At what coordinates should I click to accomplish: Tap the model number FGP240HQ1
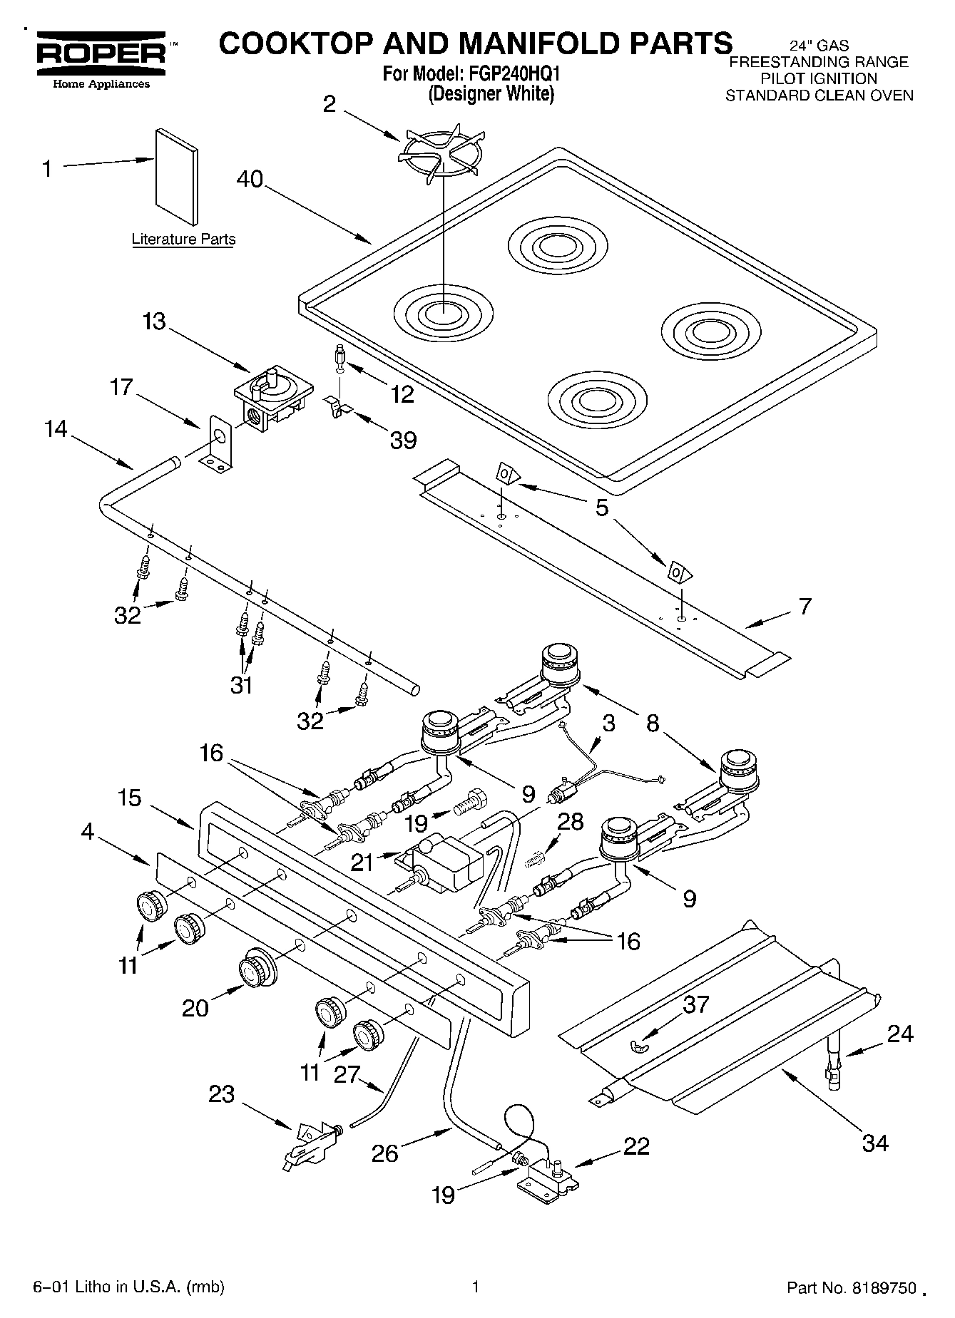coord(511,74)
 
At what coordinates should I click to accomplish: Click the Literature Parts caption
coord(183,240)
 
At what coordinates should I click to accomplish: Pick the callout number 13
coord(153,321)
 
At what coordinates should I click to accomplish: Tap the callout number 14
coord(56,428)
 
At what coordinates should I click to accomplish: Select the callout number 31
coord(241,685)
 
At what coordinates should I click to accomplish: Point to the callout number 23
coord(221,1094)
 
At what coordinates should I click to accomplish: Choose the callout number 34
coord(875,1143)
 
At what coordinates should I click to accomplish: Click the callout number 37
coord(696,1004)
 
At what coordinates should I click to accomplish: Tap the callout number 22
coord(636,1145)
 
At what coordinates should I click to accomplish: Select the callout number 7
coord(805,606)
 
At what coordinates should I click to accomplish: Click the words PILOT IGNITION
coord(818,78)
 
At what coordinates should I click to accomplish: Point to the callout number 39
coord(403,440)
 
